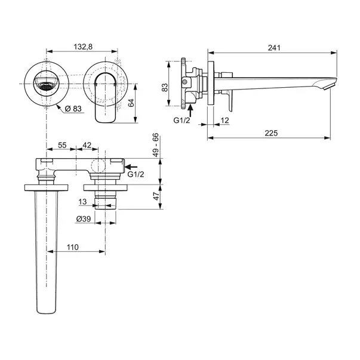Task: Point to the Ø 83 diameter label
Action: (73, 108)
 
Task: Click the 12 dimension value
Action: (224, 121)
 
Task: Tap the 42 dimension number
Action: (87, 145)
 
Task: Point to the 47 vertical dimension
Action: (156, 196)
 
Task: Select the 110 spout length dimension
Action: (72, 247)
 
